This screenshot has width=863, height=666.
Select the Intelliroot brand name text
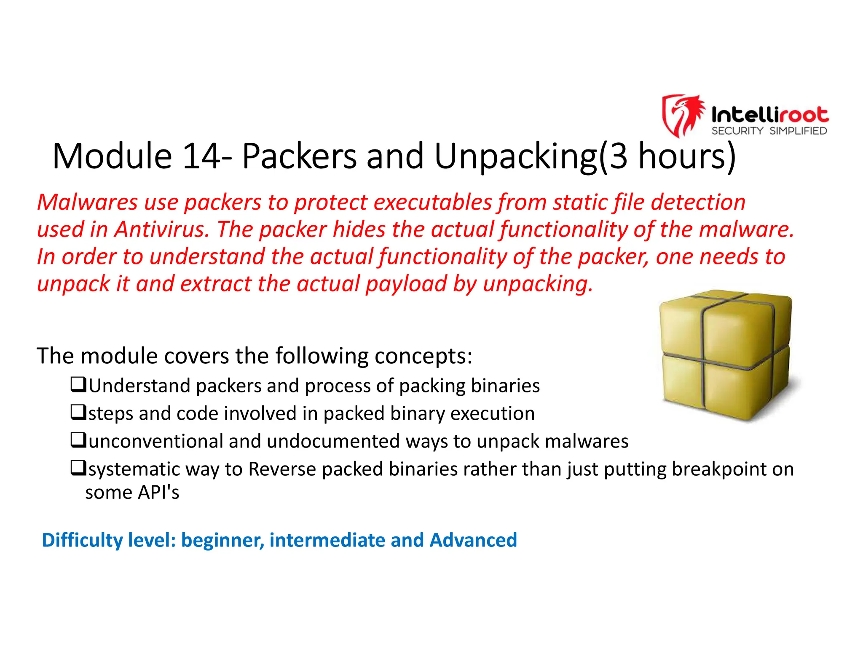tap(769, 115)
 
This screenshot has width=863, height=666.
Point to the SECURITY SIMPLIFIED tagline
tap(769, 131)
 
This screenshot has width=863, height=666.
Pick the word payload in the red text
tap(406, 284)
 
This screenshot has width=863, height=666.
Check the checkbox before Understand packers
tap(78, 384)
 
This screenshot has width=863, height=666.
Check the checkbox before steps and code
tap(78, 412)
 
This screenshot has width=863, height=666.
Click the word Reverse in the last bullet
tap(282, 469)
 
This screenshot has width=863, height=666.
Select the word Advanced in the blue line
tap(473, 540)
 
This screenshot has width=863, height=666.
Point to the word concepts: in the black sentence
tap(423, 357)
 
